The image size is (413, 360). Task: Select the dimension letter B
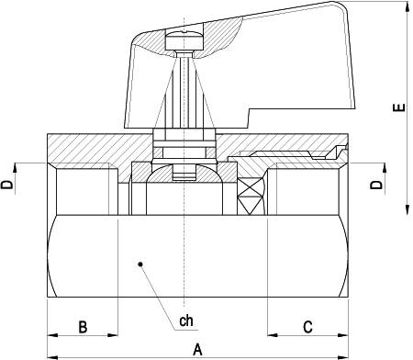(x=82, y=327)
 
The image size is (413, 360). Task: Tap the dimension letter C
(x=307, y=327)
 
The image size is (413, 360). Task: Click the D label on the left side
(x=8, y=185)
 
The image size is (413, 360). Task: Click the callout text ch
(x=186, y=321)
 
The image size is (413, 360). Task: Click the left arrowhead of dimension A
(x=50, y=356)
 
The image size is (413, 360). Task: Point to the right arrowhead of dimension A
(x=346, y=356)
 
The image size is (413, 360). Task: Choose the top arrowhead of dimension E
(x=406, y=6)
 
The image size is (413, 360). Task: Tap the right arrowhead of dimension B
(x=116, y=334)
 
